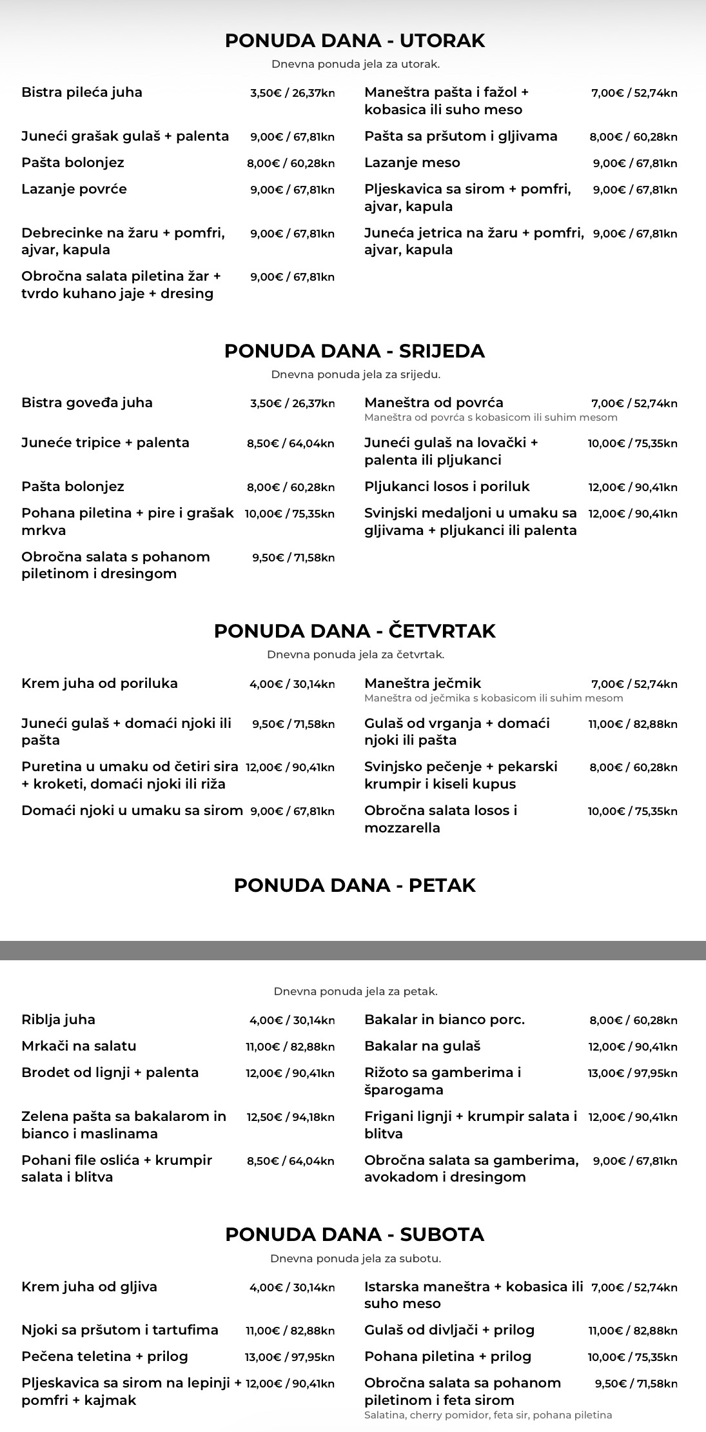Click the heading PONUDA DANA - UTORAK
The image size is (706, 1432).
click(355, 41)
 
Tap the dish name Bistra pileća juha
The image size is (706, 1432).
click(82, 92)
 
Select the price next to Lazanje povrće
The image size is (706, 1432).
click(292, 190)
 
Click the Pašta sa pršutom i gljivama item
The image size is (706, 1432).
click(460, 136)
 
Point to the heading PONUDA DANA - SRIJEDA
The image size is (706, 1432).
click(354, 351)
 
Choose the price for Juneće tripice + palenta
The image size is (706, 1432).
click(290, 443)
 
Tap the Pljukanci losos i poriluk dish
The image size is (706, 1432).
click(447, 487)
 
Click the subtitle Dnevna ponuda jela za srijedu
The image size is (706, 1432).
click(355, 374)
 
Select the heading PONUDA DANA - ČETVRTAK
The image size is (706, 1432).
click(355, 630)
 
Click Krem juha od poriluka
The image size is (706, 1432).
click(99, 683)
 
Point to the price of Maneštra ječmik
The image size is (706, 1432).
click(634, 684)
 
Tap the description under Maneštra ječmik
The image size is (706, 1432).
click(493, 698)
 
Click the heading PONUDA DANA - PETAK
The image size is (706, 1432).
click(355, 885)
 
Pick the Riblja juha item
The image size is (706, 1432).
click(58, 1020)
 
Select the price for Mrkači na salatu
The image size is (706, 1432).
click(289, 1047)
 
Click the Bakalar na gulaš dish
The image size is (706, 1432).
click(422, 1046)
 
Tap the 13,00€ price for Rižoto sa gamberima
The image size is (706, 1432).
click(632, 1073)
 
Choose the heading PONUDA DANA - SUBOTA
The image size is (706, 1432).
click(355, 1234)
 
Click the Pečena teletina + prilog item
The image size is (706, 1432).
click(104, 1356)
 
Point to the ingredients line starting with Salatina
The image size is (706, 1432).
click(487, 1415)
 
